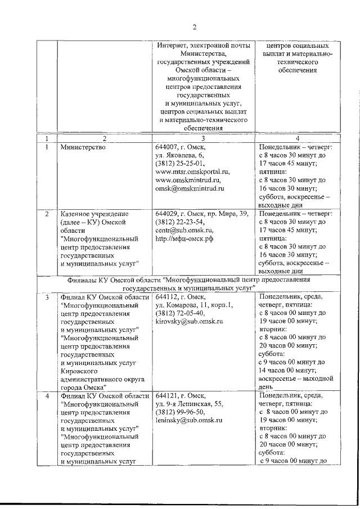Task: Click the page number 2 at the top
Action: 195,28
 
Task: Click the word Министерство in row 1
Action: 82,147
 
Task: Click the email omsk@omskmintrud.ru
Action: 190,188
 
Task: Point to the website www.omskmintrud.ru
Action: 188,180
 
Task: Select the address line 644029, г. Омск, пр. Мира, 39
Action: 202,214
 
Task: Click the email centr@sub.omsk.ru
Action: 184,230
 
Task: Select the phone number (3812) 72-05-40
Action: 179,313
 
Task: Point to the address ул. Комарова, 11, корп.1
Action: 194,305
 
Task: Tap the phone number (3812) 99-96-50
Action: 179,412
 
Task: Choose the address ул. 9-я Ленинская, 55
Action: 190,403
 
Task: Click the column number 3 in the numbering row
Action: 203,138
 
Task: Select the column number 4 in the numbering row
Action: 297,138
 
